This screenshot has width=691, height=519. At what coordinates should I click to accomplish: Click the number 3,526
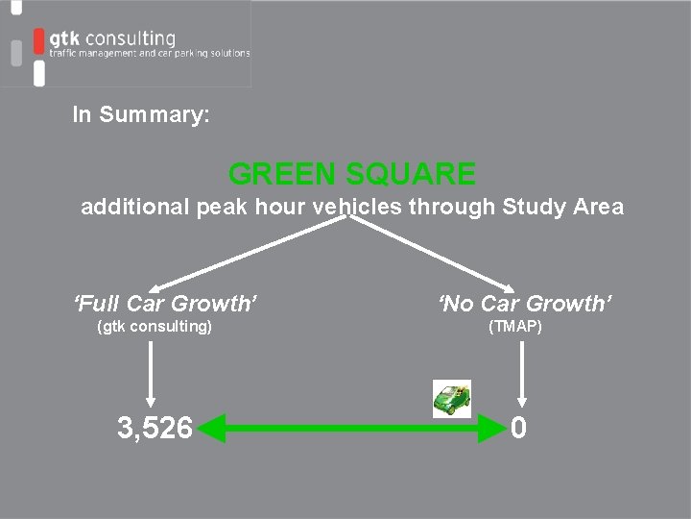tap(155, 428)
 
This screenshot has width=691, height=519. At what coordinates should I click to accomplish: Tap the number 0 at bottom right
tap(518, 428)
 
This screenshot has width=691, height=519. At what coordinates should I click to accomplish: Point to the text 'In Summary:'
tap(141, 115)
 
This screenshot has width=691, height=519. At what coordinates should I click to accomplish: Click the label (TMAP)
tap(515, 327)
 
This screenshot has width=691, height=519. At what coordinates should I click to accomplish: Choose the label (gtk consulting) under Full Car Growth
tap(155, 327)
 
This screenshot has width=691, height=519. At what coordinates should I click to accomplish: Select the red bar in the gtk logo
tap(38, 40)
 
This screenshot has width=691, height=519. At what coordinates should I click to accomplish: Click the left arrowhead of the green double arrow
tap(212, 428)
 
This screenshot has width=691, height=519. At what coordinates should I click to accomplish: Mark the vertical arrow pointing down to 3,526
tap(150, 375)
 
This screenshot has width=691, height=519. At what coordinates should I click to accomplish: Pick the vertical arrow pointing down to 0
tap(521, 375)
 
